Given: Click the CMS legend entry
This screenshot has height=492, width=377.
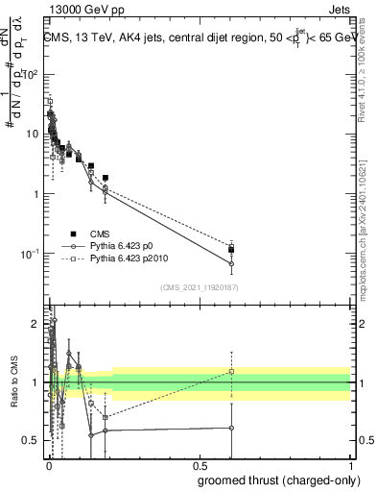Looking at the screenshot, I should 99,234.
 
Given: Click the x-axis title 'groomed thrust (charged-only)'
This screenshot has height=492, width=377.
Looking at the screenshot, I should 277,480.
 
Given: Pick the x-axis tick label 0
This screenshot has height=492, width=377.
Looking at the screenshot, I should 48,466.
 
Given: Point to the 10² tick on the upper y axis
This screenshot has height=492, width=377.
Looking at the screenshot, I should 32,74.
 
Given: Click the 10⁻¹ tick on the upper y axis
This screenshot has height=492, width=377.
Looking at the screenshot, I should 31,253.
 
